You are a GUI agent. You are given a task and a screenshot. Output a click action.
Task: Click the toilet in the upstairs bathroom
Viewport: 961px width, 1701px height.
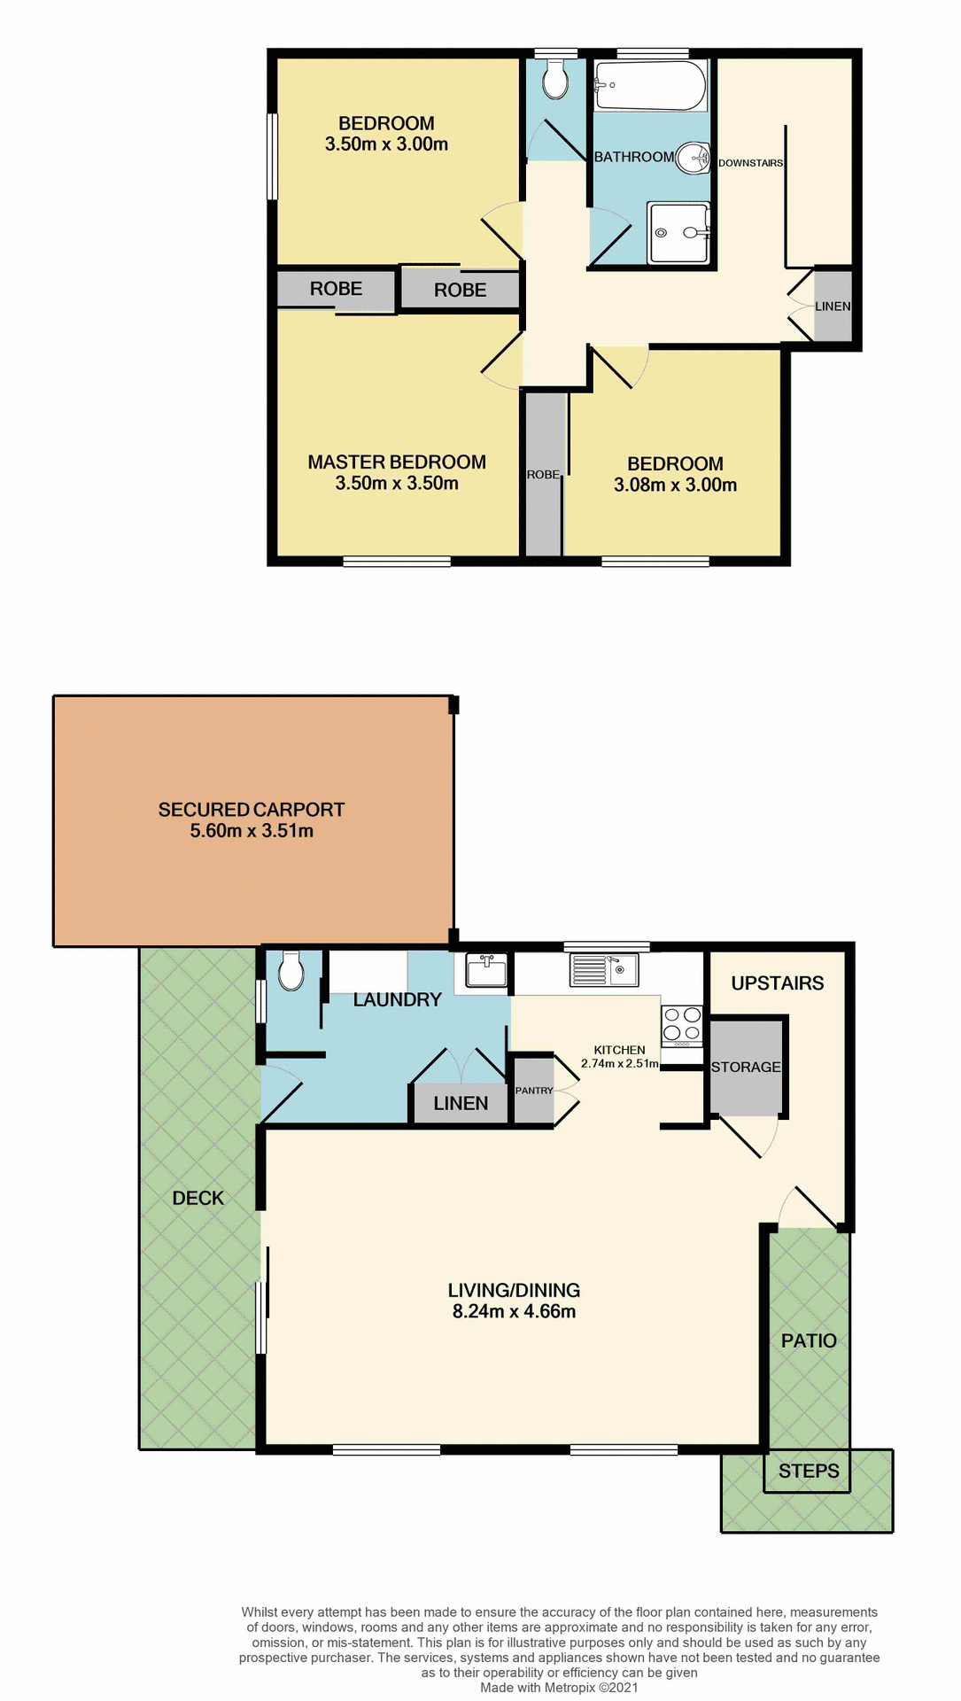click(x=555, y=81)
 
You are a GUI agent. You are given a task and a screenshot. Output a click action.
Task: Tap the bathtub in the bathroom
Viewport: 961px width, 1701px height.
click(x=650, y=86)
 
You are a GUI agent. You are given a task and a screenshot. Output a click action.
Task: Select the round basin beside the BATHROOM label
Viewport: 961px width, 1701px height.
click(x=694, y=159)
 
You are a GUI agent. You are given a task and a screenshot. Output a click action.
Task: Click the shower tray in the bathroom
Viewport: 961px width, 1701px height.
click(x=679, y=233)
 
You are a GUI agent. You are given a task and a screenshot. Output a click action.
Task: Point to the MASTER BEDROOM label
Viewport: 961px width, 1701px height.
click(x=397, y=462)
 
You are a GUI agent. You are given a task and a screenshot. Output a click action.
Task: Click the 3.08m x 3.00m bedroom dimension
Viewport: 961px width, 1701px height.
click(x=675, y=485)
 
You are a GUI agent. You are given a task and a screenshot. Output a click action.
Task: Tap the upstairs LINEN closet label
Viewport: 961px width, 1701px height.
click(x=833, y=307)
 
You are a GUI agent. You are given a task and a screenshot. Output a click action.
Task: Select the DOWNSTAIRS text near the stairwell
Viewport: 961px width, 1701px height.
click(x=750, y=163)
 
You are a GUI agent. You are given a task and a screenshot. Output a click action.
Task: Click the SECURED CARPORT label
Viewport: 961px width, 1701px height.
click(x=252, y=810)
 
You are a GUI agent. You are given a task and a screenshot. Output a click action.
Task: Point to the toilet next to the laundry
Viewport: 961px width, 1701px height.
click(x=291, y=971)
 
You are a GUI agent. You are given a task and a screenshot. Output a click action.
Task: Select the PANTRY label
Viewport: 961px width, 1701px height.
click(x=534, y=1091)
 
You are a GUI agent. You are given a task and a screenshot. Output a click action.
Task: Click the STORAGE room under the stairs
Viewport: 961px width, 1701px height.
click(x=746, y=1068)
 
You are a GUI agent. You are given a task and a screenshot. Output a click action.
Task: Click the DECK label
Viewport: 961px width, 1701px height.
click(x=198, y=1199)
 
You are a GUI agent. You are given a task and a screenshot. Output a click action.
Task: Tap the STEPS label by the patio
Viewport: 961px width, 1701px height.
click(x=809, y=1472)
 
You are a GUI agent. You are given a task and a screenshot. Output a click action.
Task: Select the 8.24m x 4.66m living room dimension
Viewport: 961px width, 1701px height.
click(x=514, y=1312)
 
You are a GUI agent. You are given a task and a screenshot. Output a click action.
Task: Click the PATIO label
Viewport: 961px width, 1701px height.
click(x=809, y=1341)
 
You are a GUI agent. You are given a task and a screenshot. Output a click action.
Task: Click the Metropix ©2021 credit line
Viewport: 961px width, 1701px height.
click(x=559, y=1688)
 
